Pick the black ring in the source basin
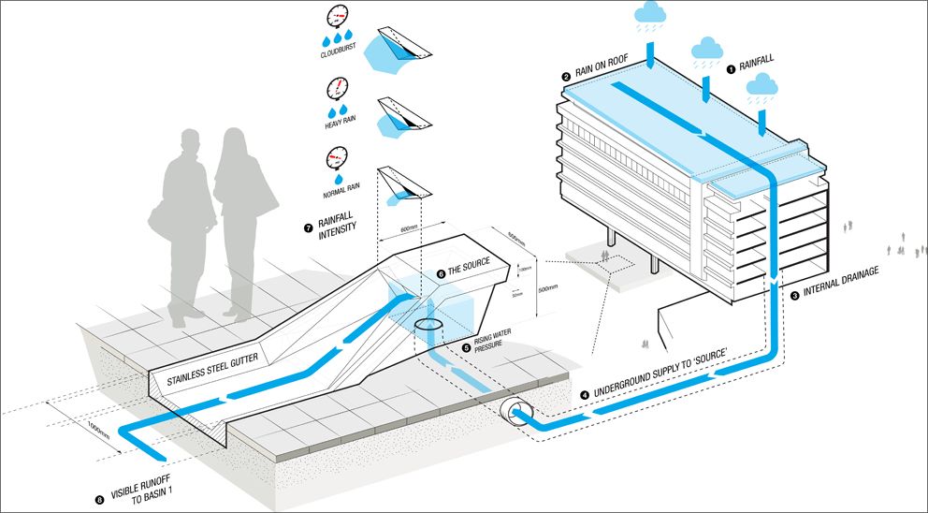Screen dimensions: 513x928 (429, 324)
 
